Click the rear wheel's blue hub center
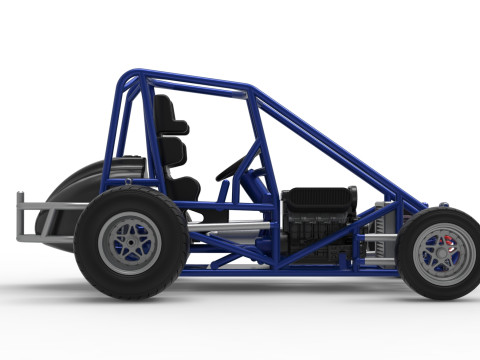click(x=131, y=243)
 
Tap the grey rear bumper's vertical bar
click(x=21, y=217)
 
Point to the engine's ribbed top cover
click(x=319, y=195)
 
